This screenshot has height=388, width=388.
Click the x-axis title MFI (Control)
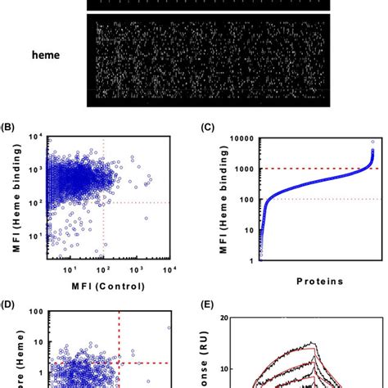click(97, 286)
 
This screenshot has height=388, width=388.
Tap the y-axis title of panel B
click(11, 201)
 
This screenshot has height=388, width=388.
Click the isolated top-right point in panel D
click(169, 327)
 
